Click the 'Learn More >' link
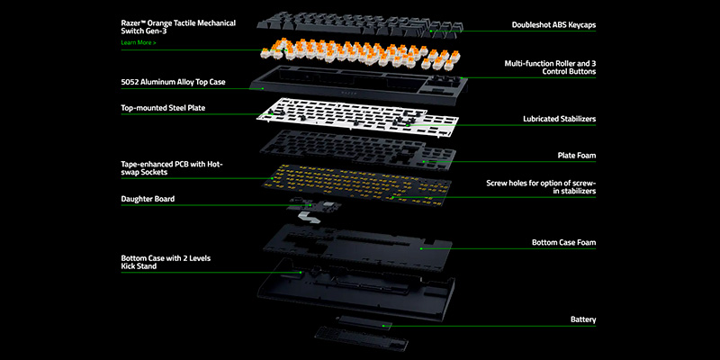pyautogui.click(x=138, y=42)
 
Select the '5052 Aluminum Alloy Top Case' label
pyautogui.click(x=173, y=82)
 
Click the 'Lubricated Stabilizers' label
pyautogui.click(x=559, y=118)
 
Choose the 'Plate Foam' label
pyautogui.click(x=577, y=155)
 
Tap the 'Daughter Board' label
pyautogui.click(x=148, y=198)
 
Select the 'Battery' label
pyautogui.click(x=583, y=319)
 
